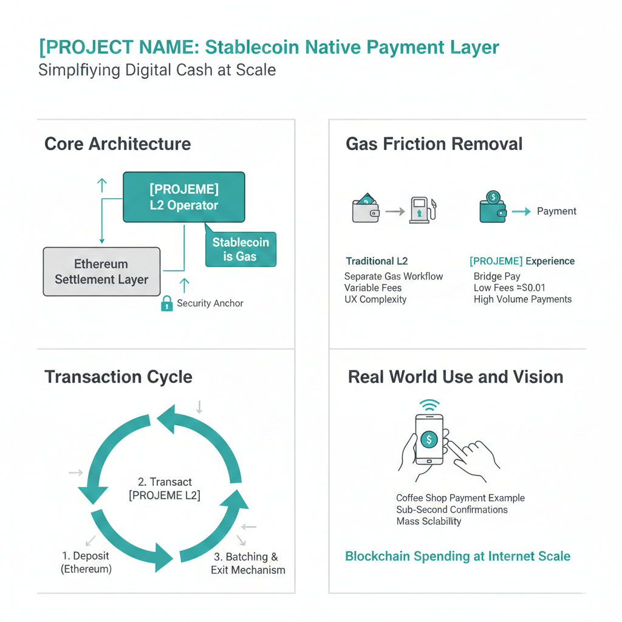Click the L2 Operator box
pos(183,197)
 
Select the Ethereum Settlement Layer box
pos(101,272)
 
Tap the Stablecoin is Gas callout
pos(241,249)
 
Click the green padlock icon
pos(166,303)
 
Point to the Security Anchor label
pos(210,303)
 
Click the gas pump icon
pos(423,210)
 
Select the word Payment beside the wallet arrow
pos(556,211)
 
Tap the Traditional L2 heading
pos(377,261)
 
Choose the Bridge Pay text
pos(497,276)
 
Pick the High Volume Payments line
pos(522,299)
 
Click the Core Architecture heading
pos(117,144)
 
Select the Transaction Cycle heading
pos(118,377)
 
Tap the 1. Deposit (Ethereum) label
pos(86,562)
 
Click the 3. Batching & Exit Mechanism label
pos(248,563)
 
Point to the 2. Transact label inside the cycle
pos(165,488)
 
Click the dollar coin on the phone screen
pos(429,439)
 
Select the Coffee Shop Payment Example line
pos(460,498)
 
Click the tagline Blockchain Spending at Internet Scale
pos(457,556)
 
